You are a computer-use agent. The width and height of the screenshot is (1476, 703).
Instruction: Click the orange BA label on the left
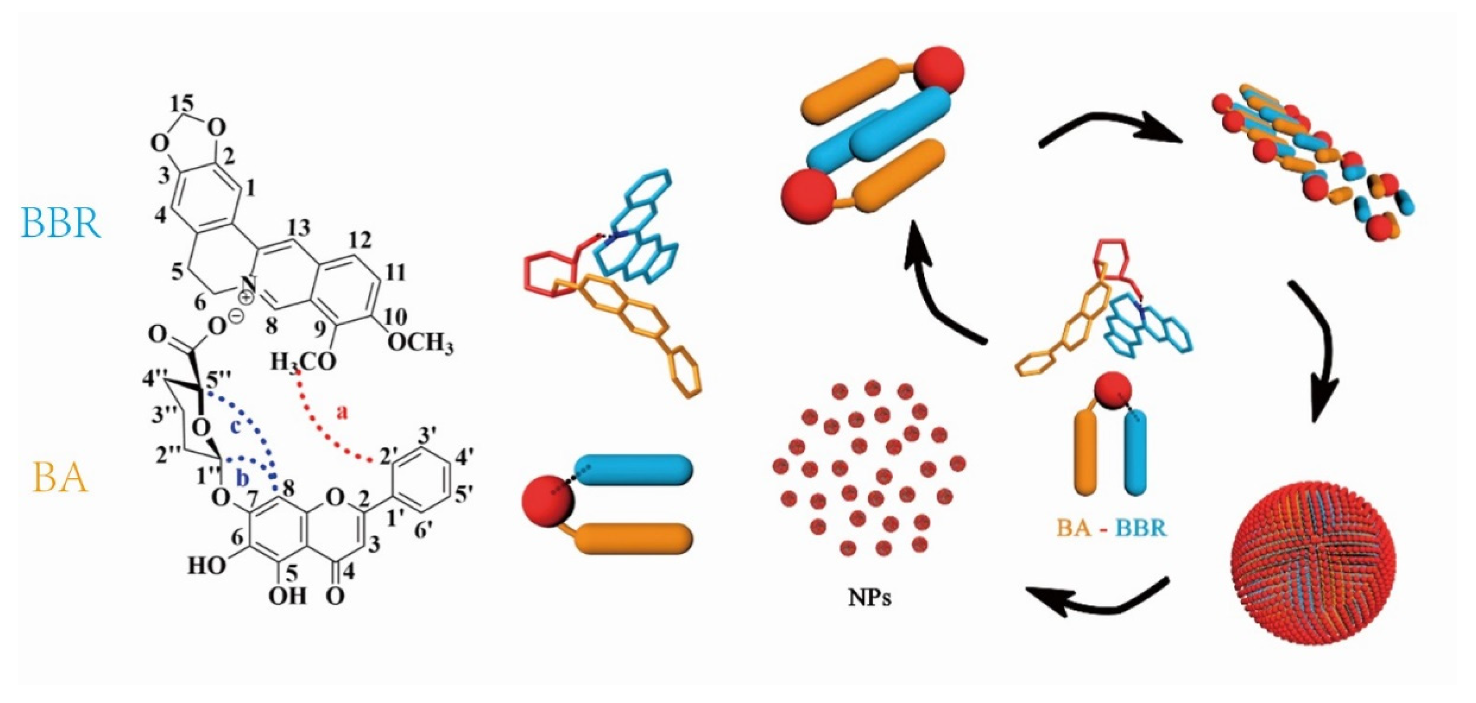coord(60,478)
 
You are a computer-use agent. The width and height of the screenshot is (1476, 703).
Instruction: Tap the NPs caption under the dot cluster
coord(869,597)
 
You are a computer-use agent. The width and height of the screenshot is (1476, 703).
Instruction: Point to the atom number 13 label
coord(299,228)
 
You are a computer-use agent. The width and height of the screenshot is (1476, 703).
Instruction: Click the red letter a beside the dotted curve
coord(342,412)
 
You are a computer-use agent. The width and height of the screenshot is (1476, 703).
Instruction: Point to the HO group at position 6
coord(206,566)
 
